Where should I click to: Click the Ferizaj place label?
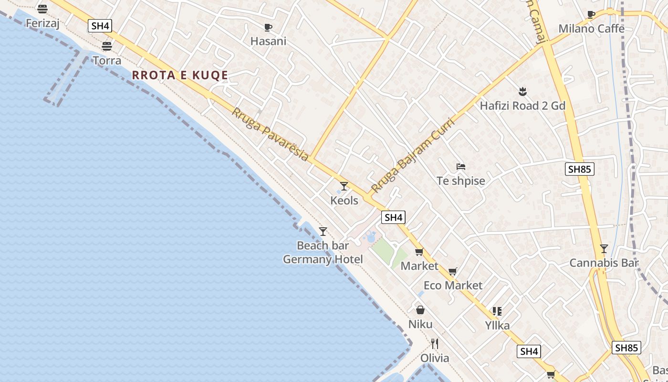pyautogui.click(x=42, y=23)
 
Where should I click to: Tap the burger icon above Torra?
pyautogui.click(x=107, y=46)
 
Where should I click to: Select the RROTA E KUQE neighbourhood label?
pyautogui.click(x=180, y=75)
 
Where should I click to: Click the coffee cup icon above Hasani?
pyautogui.click(x=268, y=27)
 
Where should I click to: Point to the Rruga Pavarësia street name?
pyautogui.click(x=270, y=134)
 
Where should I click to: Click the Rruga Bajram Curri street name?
pyautogui.click(x=413, y=155)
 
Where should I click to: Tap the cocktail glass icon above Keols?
pyautogui.click(x=344, y=186)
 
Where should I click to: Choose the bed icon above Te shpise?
pyautogui.click(x=461, y=167)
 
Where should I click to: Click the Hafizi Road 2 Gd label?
pyautogui.click(x=522, y=106)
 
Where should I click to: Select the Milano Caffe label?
pyautogui.click(x=591, y=29)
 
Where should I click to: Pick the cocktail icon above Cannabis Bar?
pyautogui.click(x=604, y=249)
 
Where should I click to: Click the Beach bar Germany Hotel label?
pyautogui.click(x=323, y=253)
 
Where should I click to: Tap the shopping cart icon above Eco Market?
pyautogui.click(x=453, y=272)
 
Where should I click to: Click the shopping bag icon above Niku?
pyautogui.click(x=420, y=310)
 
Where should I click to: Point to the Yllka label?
pyautogui.click(x=497, y=326)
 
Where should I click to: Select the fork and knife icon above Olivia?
pyautogui.click(x=435, y=344)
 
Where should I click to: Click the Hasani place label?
pyautogui.click(x=268, y=41)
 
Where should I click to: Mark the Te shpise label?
pyautogui.click(x=461, y=181)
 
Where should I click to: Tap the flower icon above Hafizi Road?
pyautogui.click(x=522, y=91)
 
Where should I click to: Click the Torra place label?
pyautogui.click(x=107, y=61)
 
